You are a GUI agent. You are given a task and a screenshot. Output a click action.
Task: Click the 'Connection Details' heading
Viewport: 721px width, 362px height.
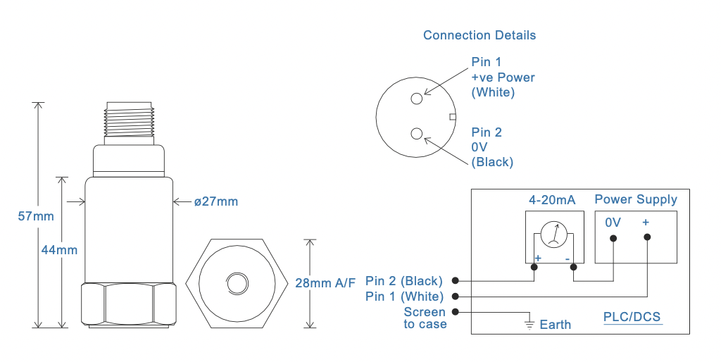point(479,35)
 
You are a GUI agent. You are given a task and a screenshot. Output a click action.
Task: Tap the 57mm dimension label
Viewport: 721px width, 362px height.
point(35,216)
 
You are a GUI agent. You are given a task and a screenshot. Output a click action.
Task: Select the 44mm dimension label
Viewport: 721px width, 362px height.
point(59,249)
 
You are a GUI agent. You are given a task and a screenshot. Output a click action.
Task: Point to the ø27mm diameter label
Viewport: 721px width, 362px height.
point(216,202)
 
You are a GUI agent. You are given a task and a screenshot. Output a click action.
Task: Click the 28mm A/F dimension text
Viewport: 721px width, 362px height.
point(325,284)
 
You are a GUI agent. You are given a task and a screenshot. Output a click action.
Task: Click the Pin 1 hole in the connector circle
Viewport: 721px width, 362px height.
point(417,99)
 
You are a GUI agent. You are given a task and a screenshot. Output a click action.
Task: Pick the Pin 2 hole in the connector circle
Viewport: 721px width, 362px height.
point(417,133)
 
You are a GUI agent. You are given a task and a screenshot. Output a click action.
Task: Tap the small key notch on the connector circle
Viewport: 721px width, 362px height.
point(453,117)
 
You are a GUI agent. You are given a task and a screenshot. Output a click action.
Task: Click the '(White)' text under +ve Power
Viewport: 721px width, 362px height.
point(493,92)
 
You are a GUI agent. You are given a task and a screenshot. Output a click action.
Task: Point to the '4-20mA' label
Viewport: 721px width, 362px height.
point(552,200)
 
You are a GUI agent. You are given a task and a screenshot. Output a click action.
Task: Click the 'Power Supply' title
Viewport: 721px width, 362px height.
point(636,199)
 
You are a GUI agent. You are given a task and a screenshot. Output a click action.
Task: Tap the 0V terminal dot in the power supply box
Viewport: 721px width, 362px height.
point(613,239)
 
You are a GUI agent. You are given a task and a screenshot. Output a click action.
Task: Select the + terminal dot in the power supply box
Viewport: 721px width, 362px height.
point(646,239)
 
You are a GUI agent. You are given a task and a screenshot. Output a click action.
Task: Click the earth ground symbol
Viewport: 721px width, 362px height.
point(528,324)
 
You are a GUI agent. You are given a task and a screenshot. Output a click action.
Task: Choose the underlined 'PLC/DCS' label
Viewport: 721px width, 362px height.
point(632,317)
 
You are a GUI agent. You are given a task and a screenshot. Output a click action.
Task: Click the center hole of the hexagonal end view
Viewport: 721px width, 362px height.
point(237,283)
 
